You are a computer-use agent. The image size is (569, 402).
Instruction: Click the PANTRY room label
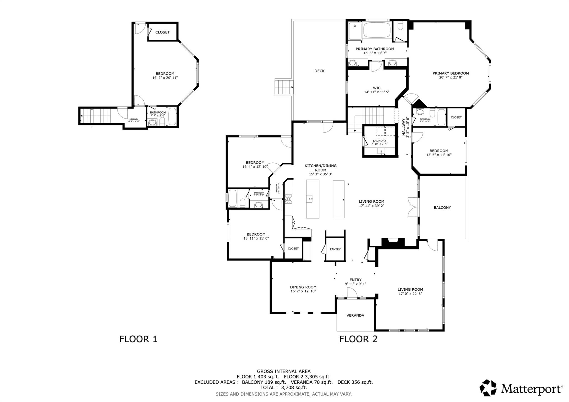click(335, 249)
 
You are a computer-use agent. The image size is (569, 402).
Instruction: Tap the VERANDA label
click(355, 315)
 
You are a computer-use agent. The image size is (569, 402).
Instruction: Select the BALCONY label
click(442, 207)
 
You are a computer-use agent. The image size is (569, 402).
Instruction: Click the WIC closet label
click(377, 88)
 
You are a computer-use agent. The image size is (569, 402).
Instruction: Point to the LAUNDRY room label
click(379, 141)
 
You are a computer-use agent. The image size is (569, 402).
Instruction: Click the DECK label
click(319, 71)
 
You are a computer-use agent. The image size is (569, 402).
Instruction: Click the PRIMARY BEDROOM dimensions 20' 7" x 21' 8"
click(450, 77)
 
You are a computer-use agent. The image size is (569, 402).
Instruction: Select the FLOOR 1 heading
click(138, 339)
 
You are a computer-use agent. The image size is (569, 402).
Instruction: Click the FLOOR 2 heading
click(358, 339)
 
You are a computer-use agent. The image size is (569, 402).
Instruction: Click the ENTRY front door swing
click(352, 293)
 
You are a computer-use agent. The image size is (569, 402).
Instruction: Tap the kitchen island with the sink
click(313, 199)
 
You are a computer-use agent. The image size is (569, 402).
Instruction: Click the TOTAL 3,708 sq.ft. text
click(283, 388)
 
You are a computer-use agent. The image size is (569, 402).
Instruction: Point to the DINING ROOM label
click(303, 287)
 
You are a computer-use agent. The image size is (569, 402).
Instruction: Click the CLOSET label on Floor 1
click(162, 32)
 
